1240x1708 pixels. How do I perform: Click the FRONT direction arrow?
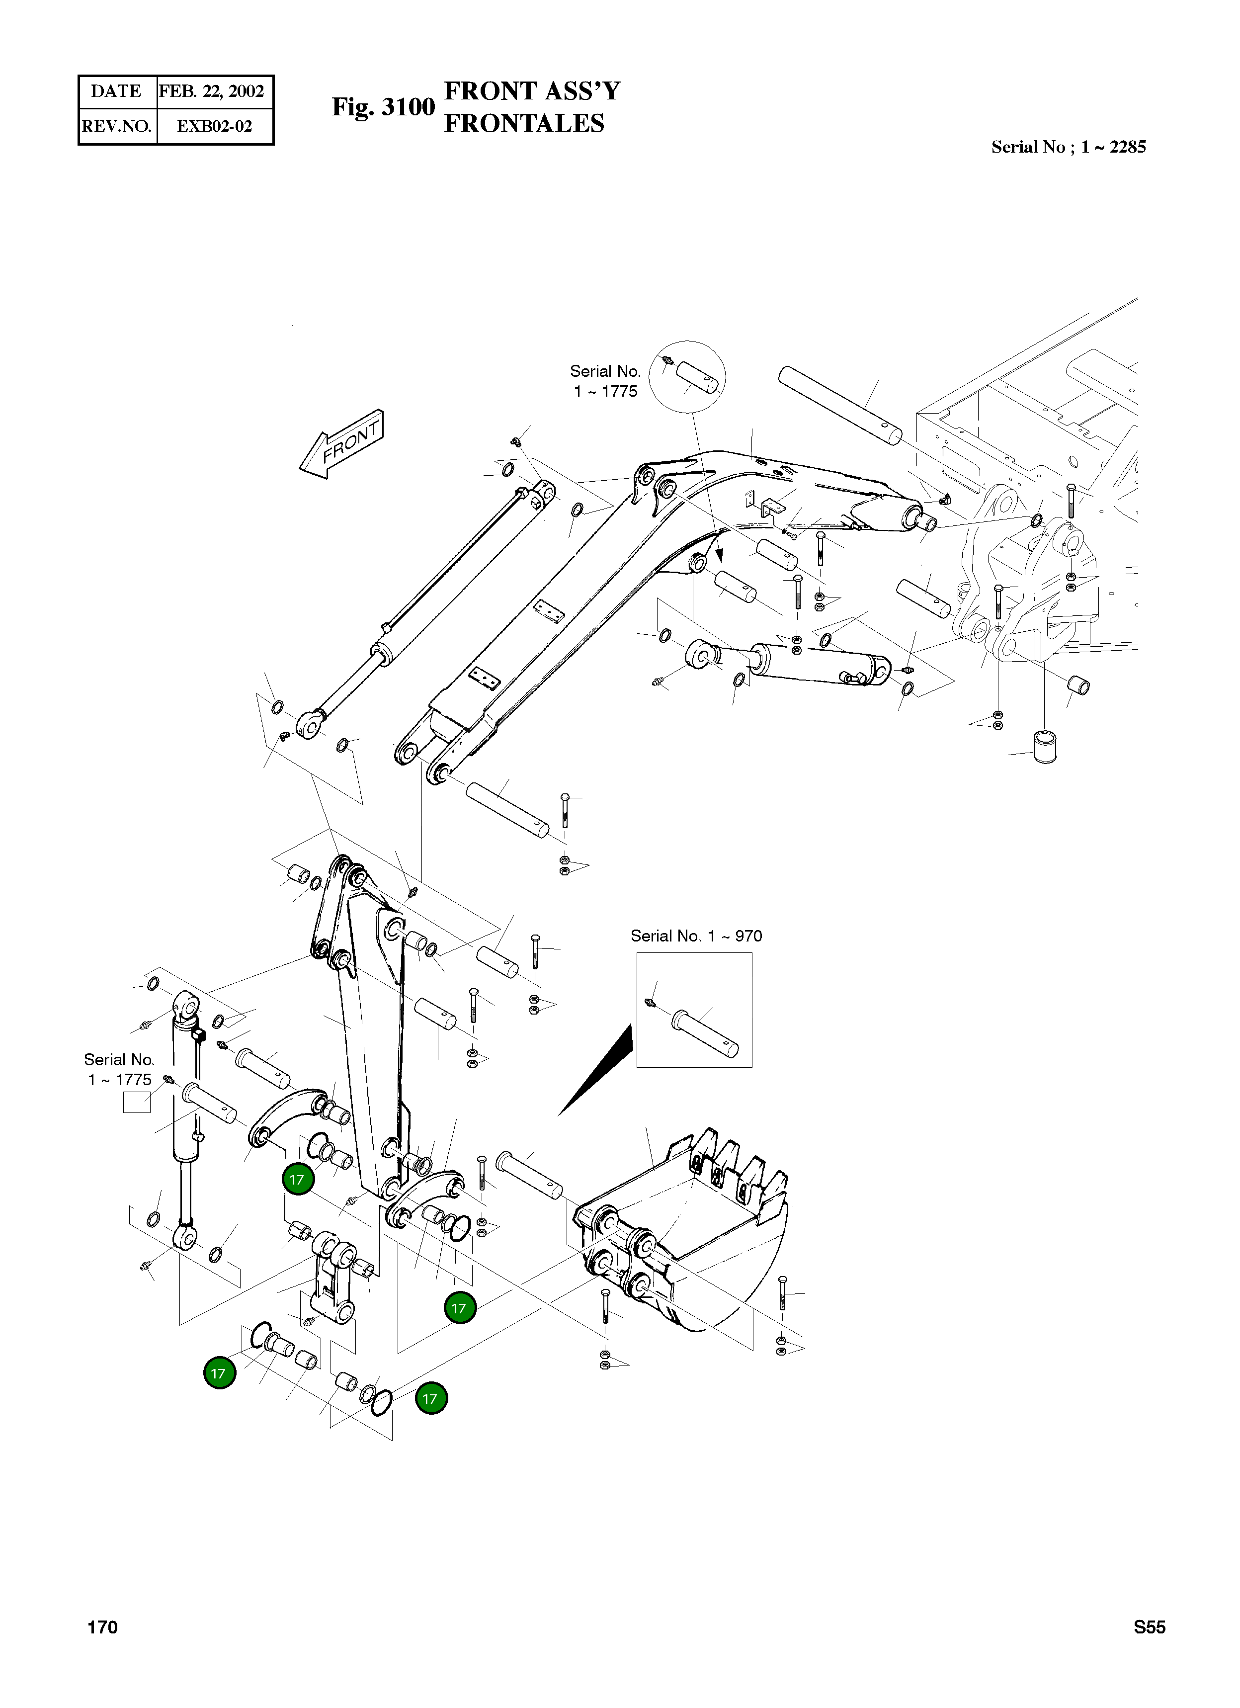tap(342, 444)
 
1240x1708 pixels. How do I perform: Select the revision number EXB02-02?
tap(214, 126)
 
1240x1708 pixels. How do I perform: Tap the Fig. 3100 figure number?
tap(383, 107)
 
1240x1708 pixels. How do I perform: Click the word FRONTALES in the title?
tap(524, 123)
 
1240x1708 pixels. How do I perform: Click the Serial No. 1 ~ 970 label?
tap(696, 936)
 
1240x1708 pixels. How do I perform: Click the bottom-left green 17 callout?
tap(219, 1373)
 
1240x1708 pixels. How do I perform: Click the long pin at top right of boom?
tap(839, 405)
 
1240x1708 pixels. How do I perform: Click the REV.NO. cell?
tap(117, 126)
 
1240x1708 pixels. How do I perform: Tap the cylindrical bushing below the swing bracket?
tap(1045, 746)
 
